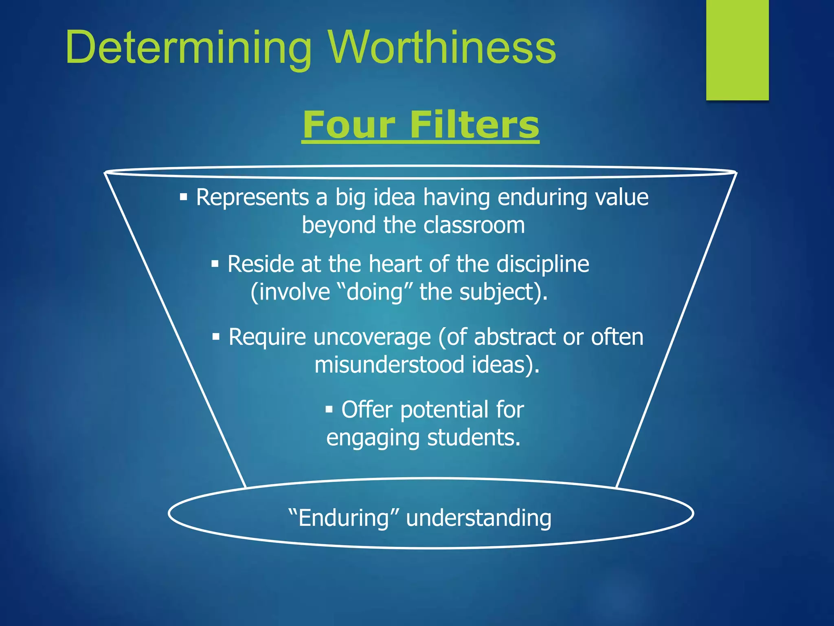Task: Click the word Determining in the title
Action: (188, 48)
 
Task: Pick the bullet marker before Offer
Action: (329, 409)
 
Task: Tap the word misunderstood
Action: (389, 364)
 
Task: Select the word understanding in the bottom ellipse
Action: (478, 518)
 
